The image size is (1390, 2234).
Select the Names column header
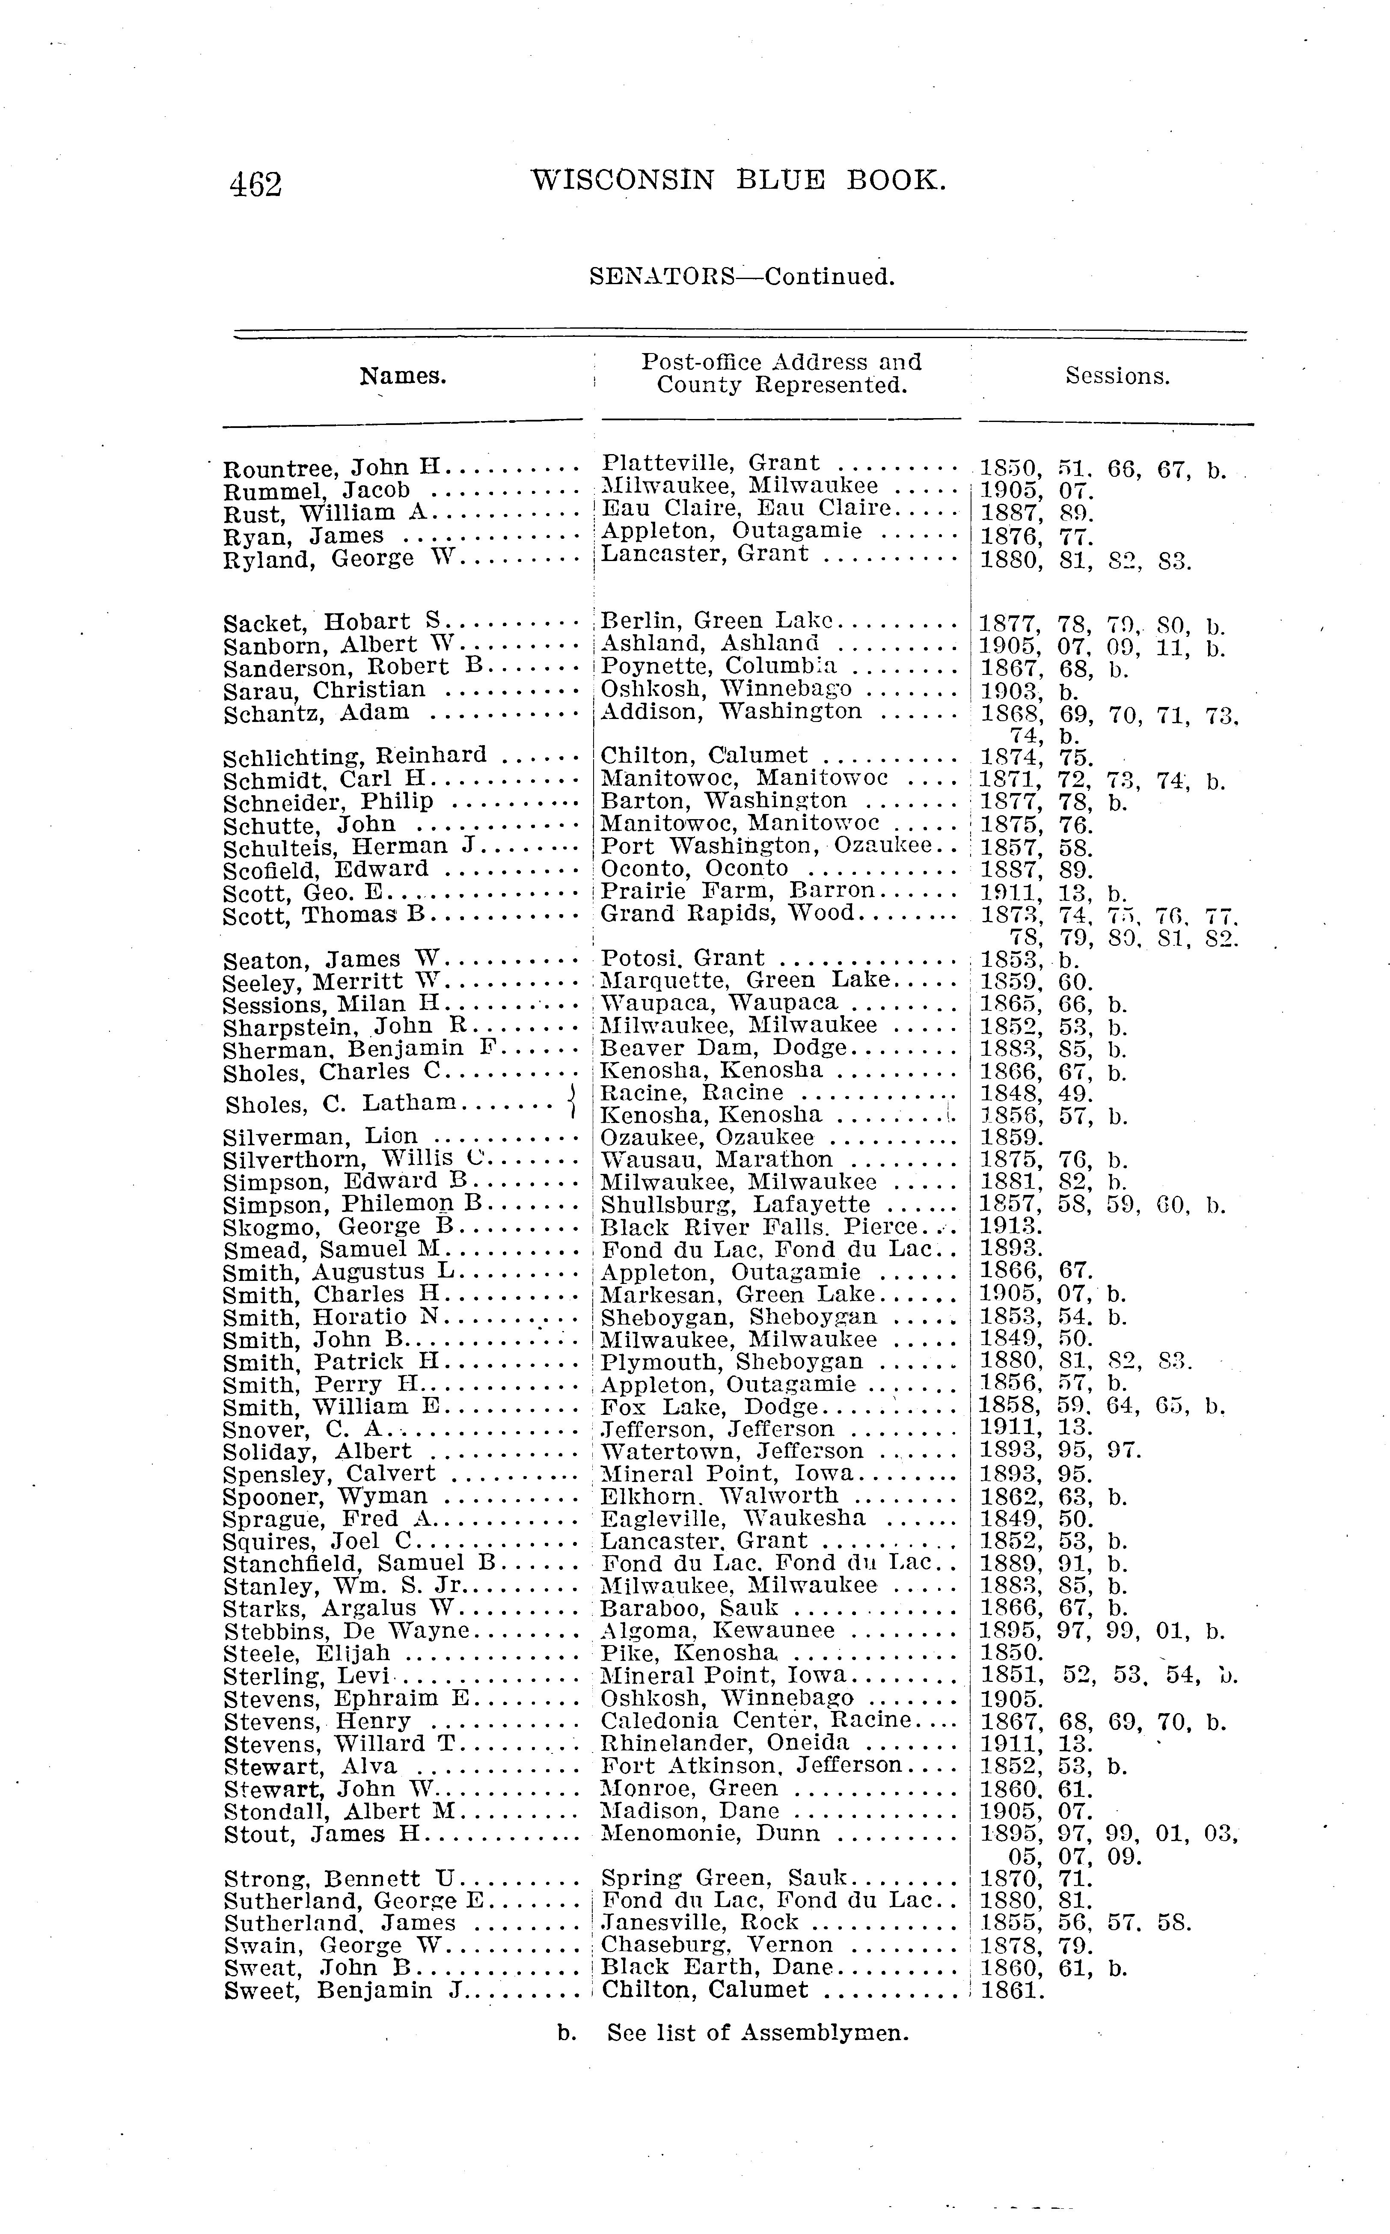pos(403,376)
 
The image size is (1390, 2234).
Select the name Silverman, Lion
pos(320,1137)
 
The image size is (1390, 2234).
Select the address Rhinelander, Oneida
pos(725,1743)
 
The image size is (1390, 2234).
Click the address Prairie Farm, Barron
pos(737,891)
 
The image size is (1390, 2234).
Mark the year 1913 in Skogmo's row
pos(1010,1227)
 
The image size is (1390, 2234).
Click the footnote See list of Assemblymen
pos(757,2033)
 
